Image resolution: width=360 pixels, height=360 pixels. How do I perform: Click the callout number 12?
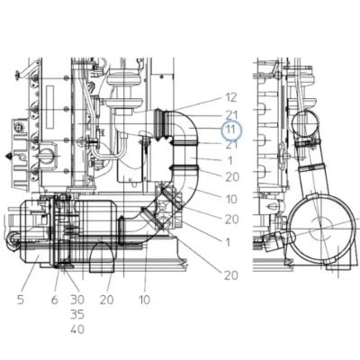[x=231, y=97]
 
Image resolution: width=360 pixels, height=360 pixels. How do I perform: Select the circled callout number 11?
[x=231, y=130]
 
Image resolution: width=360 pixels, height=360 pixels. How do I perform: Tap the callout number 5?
[x=21, y=300]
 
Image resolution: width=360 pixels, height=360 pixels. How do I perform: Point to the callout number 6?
[x=54, y=300]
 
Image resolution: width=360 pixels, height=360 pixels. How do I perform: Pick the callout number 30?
[x=77, y=300]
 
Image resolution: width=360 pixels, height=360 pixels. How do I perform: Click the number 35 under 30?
[x=77, y=314]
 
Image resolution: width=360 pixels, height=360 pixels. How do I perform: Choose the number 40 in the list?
[x=77, y=329]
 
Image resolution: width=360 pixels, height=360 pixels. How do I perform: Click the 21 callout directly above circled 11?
[x=231, y=114]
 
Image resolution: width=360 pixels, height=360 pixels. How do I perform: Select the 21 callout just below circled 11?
[x=231, y=145]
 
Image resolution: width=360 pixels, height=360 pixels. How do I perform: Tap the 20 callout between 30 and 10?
[x=107, y=300]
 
